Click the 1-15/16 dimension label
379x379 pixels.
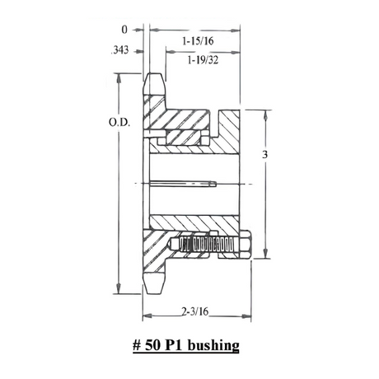(198, 41)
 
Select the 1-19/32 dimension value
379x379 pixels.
(203, 60)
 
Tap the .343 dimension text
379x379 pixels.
(119, 50)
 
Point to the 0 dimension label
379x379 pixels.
(124, 30)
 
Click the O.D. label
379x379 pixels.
(119, 123)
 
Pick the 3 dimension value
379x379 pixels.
(264, 155)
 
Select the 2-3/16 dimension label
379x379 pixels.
(195, 311)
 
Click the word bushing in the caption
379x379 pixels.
(214, 345)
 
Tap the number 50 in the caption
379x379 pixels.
(152, 345)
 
